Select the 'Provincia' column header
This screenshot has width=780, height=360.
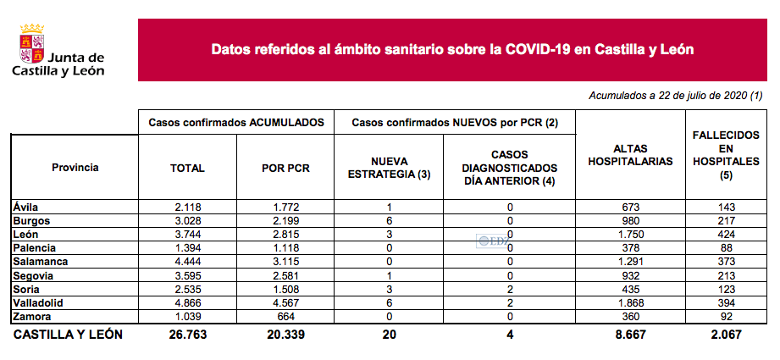(x=75, y=168)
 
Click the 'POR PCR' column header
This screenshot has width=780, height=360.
(x=285, y=168)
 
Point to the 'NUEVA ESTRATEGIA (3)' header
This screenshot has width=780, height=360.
(x=390, y=168)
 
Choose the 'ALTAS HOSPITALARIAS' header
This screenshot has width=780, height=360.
(x=630, y=155)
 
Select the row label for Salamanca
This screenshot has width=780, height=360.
(x=40, y=262)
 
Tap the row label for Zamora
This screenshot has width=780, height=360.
(x=34, y=316)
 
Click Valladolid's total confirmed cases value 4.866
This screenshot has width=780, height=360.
(x=187, y=302)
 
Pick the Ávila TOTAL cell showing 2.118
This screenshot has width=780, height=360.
(x=187, y=208)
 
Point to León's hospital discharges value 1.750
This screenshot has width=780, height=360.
(x=630, y=235)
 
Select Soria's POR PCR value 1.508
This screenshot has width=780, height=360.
(x=285, y=289)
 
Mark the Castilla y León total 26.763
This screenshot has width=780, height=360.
(x=187, y=335)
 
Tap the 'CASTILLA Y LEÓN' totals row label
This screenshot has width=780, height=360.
(x=69, y=335)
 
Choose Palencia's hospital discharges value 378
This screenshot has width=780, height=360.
(x=630, y=248)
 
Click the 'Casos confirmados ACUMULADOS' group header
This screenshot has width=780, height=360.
(x=236, y=123)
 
